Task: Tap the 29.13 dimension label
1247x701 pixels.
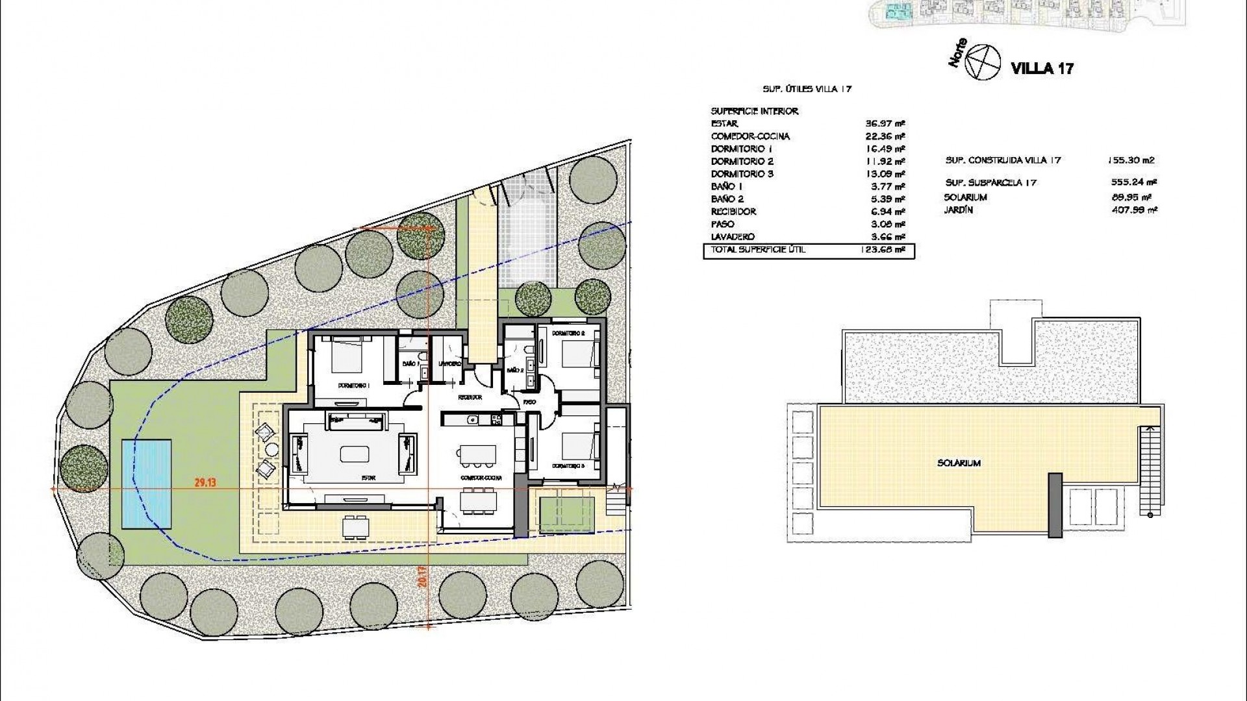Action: click(204, 482)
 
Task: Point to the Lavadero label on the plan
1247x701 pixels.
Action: click(449, 364)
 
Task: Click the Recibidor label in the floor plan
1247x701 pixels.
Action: click(470, 397)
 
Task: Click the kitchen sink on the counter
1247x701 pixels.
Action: click(473, 420)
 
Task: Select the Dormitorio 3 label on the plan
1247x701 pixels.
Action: click(569, 466)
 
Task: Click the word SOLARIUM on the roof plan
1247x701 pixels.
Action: click(959, 463)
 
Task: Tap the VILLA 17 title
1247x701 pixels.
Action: click(1042, 68)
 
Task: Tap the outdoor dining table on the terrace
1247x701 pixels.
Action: click(356, 525)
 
